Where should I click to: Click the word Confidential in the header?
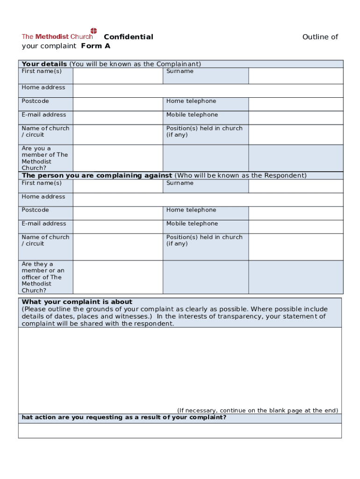(128, 37)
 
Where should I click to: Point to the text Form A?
(95, 46)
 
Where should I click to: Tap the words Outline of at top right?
(320, 37)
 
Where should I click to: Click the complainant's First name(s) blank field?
(117, 76)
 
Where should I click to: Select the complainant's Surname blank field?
(295, 76)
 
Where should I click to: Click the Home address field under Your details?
(208, 91)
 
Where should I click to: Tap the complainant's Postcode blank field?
(117, 104)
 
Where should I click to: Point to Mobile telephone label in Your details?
(192, 115)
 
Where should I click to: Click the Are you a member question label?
(44, 158)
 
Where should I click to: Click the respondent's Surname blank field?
(295, 186)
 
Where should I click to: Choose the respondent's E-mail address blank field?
(117, 227)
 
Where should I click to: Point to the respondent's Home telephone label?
(191, 210)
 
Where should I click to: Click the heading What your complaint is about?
(77, 302)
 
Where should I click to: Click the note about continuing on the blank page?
(257, 410)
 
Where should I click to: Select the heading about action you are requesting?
(124, 417)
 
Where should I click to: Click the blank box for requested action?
(180, 430)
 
